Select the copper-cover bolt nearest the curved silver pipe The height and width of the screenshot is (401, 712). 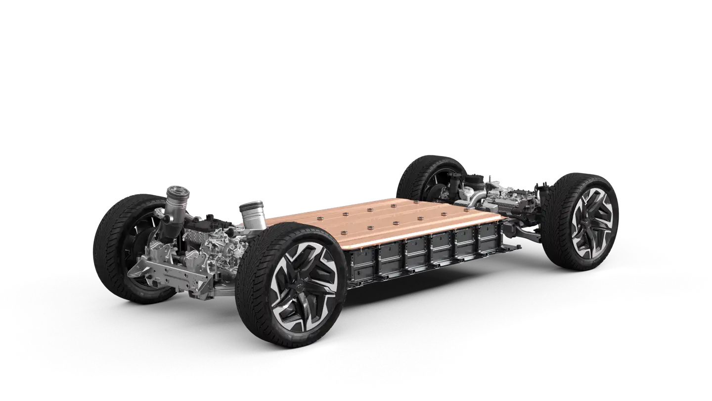467,209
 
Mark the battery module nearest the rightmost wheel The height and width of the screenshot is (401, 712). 489,235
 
